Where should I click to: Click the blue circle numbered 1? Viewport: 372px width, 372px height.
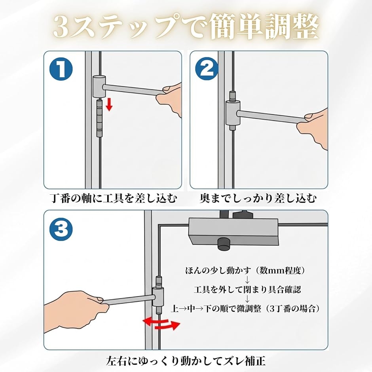pyautogui.click(x=61, y=69)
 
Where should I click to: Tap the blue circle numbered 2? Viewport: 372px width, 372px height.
pyautogui.click(x=207, y=69)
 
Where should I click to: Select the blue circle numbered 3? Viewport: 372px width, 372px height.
pyautogui.click(x=61, y=230)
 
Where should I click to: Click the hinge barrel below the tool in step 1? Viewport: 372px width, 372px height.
pyautogui.click(x=99, y=118)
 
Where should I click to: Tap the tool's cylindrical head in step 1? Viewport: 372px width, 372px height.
pyautogui.click(x=99, y=87)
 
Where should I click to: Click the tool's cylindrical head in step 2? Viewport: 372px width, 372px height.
pyautogui.click(x=233, y=113)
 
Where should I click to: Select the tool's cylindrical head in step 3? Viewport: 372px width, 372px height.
pyautogui.click(x=158, y=296)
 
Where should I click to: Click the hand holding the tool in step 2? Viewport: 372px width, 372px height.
pyautogui.click(x=313, y=128)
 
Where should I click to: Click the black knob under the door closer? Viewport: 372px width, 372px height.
pyautogui.click(x=224, y=243)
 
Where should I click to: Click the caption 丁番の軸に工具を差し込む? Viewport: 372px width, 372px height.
pyautogui.click(x=114, y=198)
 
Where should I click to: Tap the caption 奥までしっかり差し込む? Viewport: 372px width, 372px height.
pyautogui.click(x=258, y=198)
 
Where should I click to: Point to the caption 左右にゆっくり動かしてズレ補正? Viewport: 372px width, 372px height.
pyautogui.click(x=186, y=361)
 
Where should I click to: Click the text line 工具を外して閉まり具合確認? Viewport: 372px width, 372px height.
pyautogui.click(x=247, y=289)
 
